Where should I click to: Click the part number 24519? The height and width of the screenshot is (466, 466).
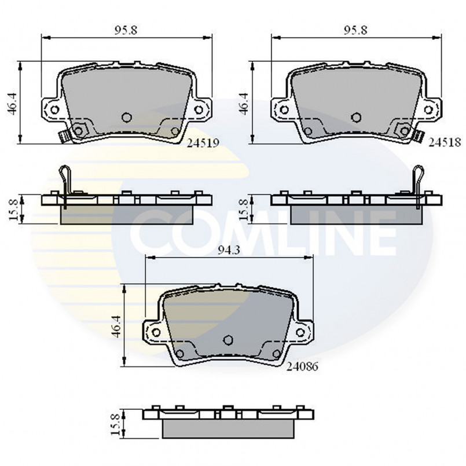click(203, 143)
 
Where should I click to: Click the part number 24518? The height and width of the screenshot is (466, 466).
click(445, 143)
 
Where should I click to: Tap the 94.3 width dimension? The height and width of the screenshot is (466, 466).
click(229, 251)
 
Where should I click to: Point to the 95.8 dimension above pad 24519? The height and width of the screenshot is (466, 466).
click(126, 30)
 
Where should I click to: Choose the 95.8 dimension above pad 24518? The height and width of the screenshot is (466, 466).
click(356, 30)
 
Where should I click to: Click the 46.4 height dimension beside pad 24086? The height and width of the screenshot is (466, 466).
click(116, 326)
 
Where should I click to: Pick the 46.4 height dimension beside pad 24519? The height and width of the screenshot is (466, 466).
click(13, 103)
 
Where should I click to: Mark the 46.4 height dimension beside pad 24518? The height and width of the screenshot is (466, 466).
click(243, 103)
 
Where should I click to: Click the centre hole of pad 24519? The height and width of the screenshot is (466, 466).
click(127, 117)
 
